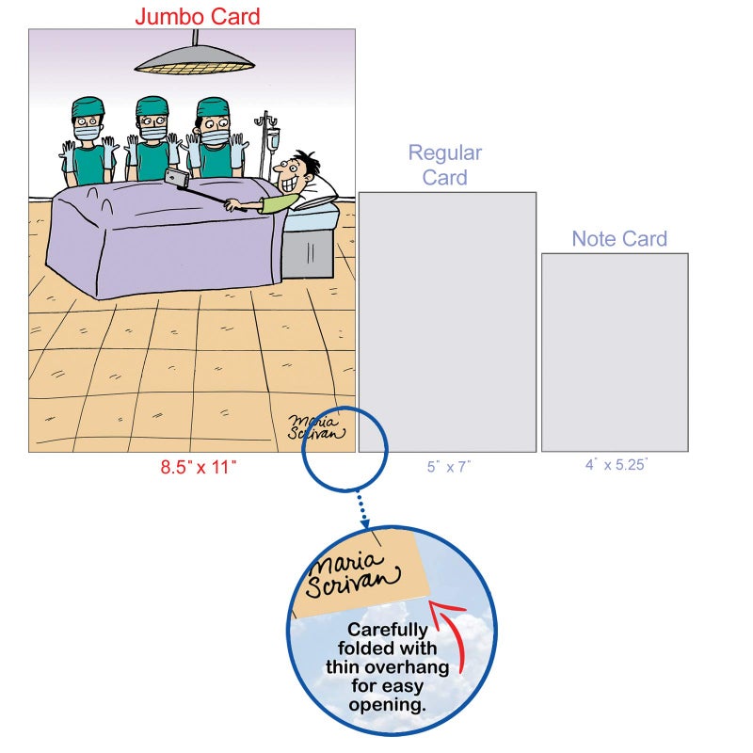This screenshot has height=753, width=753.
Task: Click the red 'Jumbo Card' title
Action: click(x=198, y=16)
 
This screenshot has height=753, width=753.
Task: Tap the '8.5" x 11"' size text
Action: click(x=199, y=467)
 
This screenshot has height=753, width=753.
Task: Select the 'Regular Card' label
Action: click(x=445, y=166)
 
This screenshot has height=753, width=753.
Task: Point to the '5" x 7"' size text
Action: click(x=449, y=467)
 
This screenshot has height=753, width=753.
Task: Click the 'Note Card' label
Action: click(x=619, y=239)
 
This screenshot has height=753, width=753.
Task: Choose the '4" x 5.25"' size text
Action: click(x=617, y=465)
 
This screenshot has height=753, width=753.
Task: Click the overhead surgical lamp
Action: click(x=195, y=58)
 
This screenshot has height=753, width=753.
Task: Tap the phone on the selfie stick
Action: click(x=176, y=177)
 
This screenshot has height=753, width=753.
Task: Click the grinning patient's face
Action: click(x=291, y=173)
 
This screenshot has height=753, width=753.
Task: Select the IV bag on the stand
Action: click(x=273, y=138)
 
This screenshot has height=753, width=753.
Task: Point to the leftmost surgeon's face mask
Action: click(x=87, y=132)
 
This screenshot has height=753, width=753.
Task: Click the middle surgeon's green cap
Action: click(x=152, y=105)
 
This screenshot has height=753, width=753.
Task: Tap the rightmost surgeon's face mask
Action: click(x=215, y=136)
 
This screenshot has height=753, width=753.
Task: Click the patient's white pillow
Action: click(x=319, y=193)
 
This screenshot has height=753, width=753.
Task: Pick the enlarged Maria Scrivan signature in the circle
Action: click(x=352, y=576)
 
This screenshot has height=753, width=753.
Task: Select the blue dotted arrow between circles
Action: click(x=362, y=509)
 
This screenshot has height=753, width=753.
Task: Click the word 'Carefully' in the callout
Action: click(x=388, y=630)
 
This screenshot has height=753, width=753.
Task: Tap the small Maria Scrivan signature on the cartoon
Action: click(x=315, y=427)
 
